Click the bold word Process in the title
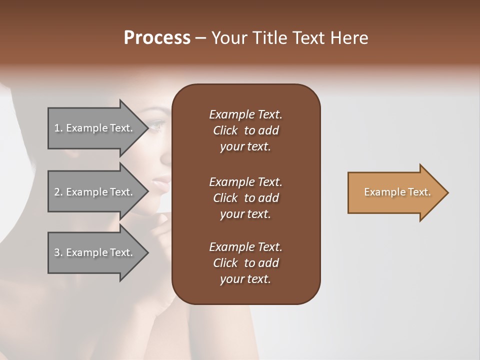[x=157, y=38]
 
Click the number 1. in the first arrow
[x=58, y=128]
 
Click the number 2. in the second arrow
[x=58, y=192]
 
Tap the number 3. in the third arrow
[x=58, y=252]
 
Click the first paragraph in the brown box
[x=245, y=130]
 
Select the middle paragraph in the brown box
[x=245, y=198]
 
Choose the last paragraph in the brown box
[x=245, y=263]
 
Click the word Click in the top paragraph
[x=225, y=130]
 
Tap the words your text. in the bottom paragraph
[x=245, y=279]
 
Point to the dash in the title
[x=200, y=38]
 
